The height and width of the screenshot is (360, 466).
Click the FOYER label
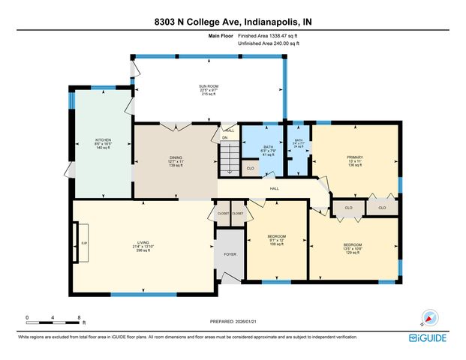click(x=230, y=254)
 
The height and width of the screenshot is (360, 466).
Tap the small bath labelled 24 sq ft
click(x=298, y=143)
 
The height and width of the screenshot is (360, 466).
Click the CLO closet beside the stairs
click(x=251, y=169)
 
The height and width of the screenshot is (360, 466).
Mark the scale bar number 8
click(x=79, y=318)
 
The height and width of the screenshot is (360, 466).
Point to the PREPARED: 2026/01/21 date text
click(x=233, y=321)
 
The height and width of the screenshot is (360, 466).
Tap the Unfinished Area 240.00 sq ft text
click(x=269, y=43)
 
